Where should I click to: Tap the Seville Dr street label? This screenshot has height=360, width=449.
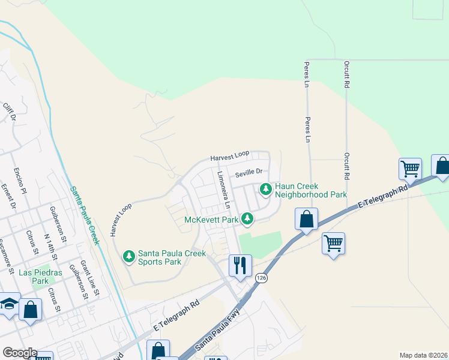249,173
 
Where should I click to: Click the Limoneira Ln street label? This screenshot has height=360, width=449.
223,190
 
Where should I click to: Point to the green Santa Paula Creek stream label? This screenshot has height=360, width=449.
83,209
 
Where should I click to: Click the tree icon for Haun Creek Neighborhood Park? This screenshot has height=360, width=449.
265,190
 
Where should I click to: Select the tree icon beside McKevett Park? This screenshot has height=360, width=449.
247,219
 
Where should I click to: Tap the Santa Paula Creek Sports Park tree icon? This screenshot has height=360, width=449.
128,257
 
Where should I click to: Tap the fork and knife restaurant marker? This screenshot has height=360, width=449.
240,264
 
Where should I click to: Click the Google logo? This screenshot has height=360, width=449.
19,353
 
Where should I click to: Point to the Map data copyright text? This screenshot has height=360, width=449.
423,355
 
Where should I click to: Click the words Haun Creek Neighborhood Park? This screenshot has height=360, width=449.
311,191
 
